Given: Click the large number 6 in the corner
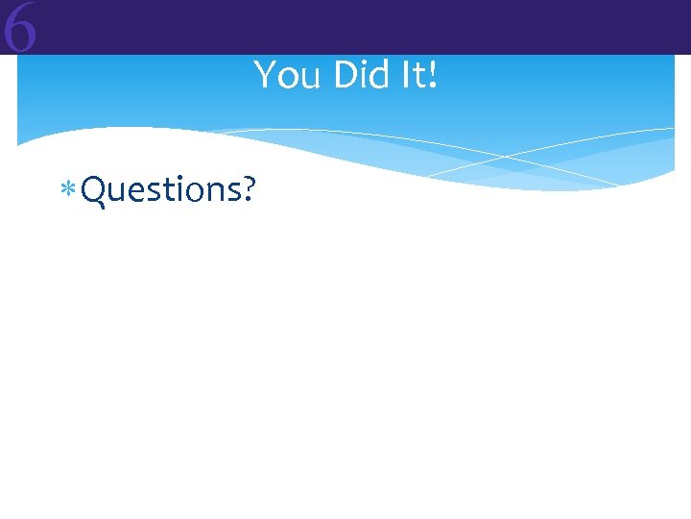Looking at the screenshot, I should point(20,29).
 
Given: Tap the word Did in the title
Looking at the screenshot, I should point(357,75).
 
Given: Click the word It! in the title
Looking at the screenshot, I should point(417,75).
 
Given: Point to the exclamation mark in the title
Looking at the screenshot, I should point(433,75).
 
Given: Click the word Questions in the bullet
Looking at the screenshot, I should point(160,190).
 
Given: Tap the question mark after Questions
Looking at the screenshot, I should point(248,189).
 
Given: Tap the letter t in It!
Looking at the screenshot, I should point(417,75).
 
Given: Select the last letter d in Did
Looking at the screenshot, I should point(378,75).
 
